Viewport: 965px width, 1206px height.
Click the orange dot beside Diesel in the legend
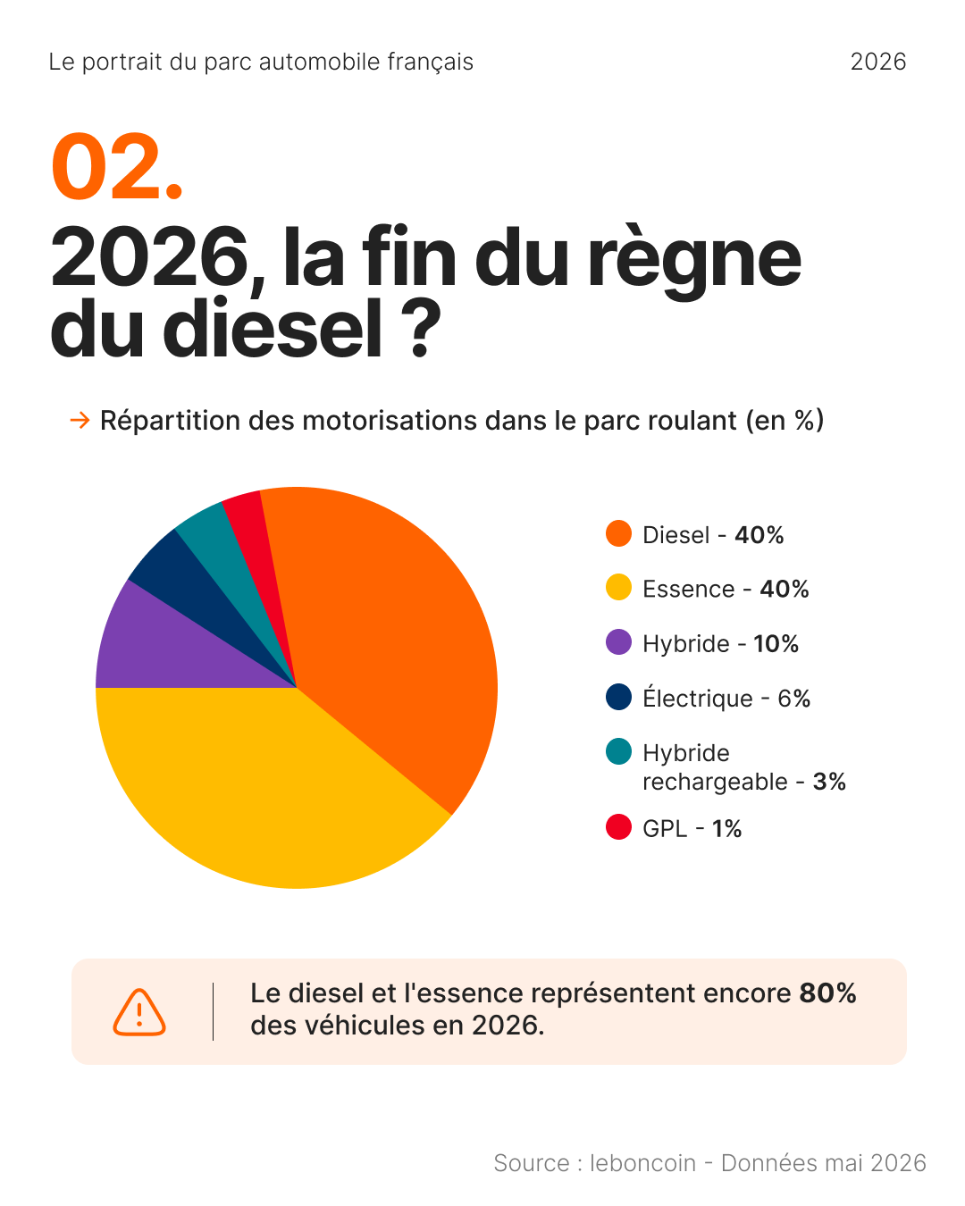[x=618, y=533]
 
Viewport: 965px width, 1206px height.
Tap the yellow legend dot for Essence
[x=618, y=587]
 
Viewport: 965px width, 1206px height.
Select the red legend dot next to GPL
[x=618, y=827]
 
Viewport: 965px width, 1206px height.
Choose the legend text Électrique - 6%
[x=726, y=697]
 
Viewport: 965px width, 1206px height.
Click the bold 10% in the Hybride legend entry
[x=776, y=644]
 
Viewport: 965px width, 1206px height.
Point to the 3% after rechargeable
[x=829, y=782]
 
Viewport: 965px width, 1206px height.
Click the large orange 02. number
[x=117, y=166]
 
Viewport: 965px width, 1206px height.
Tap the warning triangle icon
[x=139, y=1012]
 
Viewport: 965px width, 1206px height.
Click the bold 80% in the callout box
[x=827, y=993]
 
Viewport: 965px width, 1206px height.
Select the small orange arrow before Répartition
[x=80, y=420]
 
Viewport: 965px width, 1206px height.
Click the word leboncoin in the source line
[x=642, y=1163]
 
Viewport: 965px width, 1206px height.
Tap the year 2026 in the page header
[x=878, y=62]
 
